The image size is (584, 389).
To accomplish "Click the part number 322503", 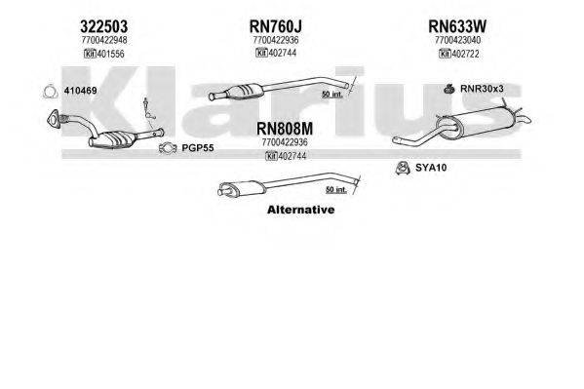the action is [x=104, y=26].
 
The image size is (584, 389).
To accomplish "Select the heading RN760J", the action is [x=276, y=26].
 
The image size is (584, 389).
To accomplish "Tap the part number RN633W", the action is [x=457, y=26].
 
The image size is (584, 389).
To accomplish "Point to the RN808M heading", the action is [x=285, y=129].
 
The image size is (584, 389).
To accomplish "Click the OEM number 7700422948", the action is [x=104, y=40].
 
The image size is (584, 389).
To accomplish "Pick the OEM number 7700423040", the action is [x=457, y=40].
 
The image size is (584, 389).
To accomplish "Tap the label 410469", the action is [x=81, y=91].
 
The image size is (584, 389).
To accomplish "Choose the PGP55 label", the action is [x=198, y=148].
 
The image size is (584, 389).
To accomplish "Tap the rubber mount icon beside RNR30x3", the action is [x=449, y=89].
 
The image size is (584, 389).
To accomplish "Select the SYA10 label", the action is [x=431, y=168].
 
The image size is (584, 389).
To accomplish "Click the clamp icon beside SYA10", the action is [x=403, y=169].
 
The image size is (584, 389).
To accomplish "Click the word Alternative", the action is [x=301, y=210].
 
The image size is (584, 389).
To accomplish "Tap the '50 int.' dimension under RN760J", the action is [x=332, y=95].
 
